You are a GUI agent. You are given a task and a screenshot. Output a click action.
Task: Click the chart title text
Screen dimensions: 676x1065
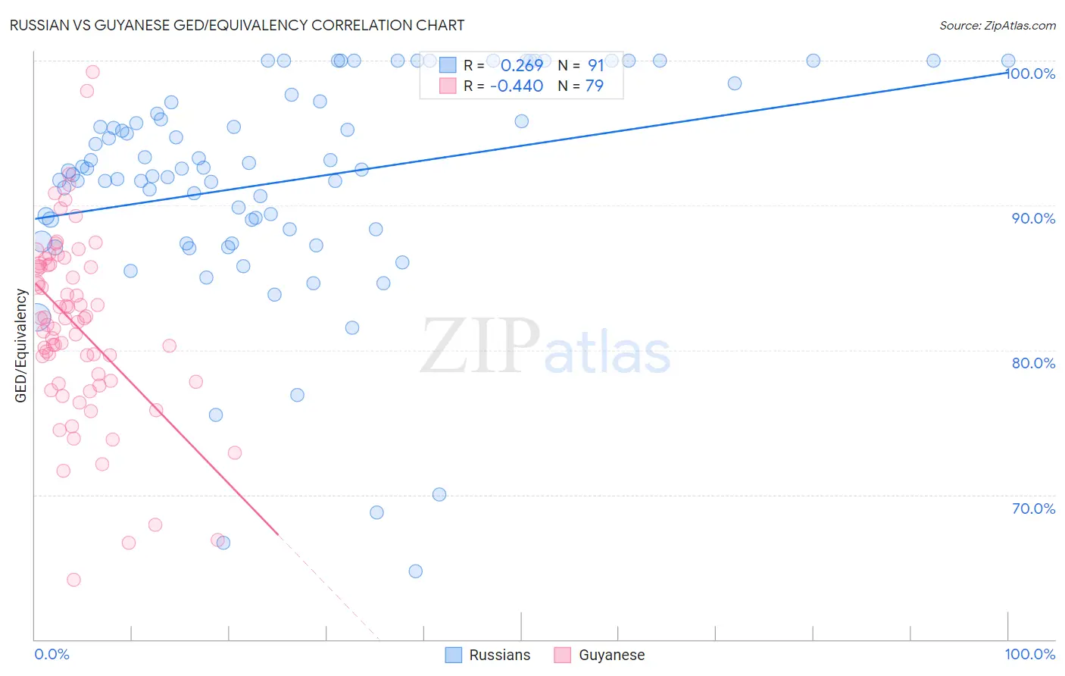pos(236,25)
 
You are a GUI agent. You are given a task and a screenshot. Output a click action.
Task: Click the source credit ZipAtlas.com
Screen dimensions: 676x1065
pos(997,25)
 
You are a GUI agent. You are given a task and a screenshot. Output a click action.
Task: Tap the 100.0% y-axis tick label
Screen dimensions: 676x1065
pos(1030,74)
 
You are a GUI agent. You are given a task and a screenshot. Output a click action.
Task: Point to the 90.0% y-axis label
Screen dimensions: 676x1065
pos(1033,218)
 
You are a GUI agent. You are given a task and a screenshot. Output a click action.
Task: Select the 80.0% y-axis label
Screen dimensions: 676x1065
pos(1033,363)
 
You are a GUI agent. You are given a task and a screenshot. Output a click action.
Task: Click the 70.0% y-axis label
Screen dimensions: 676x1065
pos(1033,509)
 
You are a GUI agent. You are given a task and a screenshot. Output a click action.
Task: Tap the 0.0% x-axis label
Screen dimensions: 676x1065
pos(52,654)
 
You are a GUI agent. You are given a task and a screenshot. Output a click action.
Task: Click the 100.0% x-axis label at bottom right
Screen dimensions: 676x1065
pos(1029,654)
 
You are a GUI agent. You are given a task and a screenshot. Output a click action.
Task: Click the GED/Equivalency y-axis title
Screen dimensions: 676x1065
pos(21,346)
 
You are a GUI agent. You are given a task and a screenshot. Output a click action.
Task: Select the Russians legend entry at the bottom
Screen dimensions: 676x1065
pos(488,655)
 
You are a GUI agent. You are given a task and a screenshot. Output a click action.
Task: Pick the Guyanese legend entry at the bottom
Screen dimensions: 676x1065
pos(600,655)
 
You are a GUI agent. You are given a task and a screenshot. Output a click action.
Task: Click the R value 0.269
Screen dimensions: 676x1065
pos(522,66)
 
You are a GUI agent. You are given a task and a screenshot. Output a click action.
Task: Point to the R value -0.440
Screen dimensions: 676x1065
pos(517,86)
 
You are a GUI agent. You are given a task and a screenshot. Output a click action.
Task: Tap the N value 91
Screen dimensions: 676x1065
pos(596,66)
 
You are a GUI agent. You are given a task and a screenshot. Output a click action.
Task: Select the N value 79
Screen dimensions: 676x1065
pos(595,86)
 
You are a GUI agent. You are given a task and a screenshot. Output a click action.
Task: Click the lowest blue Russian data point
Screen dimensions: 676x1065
pos(415,571)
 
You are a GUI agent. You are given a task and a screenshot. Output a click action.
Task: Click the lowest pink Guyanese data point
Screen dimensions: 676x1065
pos(73,580)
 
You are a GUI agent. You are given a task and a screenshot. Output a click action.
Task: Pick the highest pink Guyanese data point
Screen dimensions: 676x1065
pos(92,72)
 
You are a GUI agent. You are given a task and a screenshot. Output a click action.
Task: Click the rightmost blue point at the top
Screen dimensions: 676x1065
pos(1008,61)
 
